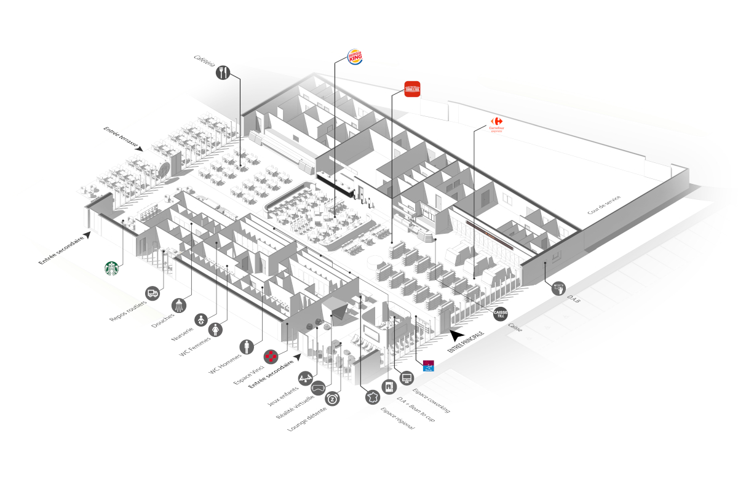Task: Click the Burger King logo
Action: click(x=355, y=57)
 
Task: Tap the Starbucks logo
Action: click(x=111, y=269)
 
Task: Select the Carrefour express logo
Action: click(x=496, y=124)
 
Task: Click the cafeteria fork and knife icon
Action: click(x=223, y=73)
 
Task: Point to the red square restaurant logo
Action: click(x=412, y=89)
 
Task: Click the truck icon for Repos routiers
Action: click(x=153, y=293)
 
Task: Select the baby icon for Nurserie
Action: click(x=201, y=319)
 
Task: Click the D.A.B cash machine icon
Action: click(x=558, y=287)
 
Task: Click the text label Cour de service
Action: click(x=604, y=205)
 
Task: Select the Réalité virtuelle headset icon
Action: click(x=319, y=389)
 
